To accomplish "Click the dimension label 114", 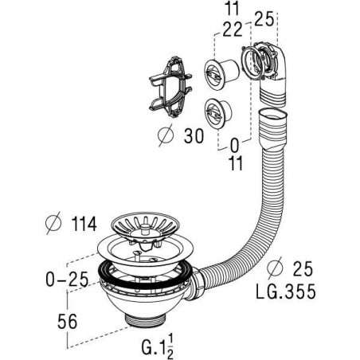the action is coord(84,225).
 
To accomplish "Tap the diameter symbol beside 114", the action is coord(53,223).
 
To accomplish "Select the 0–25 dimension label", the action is coord(67,279).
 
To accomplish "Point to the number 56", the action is coord(68,322).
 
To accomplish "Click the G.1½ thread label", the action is coord(158,346).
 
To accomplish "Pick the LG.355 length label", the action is coord(286,292).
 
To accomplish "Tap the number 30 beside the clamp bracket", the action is coord(194,136).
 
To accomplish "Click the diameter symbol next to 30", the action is coord(166,135).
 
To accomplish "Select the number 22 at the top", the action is coord(233,29).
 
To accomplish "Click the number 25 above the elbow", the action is coord(264,19).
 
